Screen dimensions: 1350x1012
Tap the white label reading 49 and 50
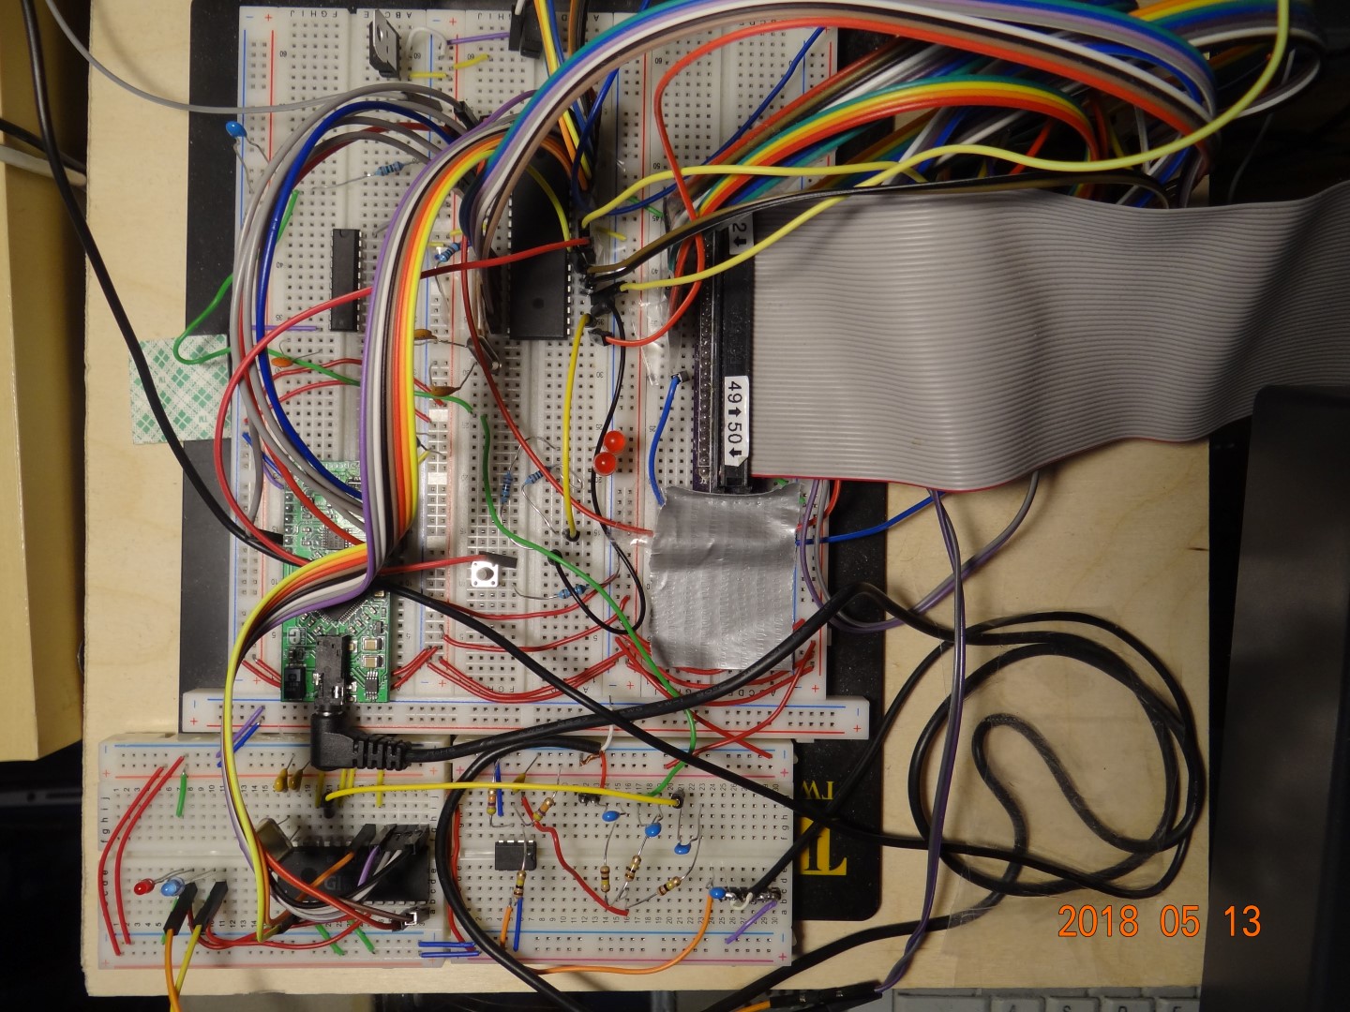[x=737, y=422]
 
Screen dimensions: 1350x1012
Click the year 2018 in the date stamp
[x=1097, y=921]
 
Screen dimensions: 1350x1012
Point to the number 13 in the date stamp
[x=1242, y=921]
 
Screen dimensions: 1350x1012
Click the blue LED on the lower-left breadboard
[x=172, y=886]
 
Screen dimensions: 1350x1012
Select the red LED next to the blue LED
[x=144, y=886]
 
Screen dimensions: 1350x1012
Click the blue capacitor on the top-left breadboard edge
[x=233, y=127]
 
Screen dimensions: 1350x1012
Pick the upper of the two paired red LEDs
[x=615, y=440]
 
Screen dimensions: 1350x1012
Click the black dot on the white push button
[x=486, y=574]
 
